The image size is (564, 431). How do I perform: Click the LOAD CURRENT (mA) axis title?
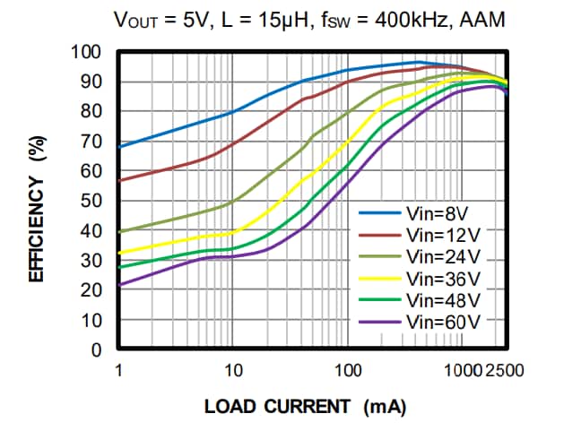point(305,407)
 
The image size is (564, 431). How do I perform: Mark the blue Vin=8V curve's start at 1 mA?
point(119,147)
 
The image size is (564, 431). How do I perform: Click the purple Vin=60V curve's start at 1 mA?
point(119,285)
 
